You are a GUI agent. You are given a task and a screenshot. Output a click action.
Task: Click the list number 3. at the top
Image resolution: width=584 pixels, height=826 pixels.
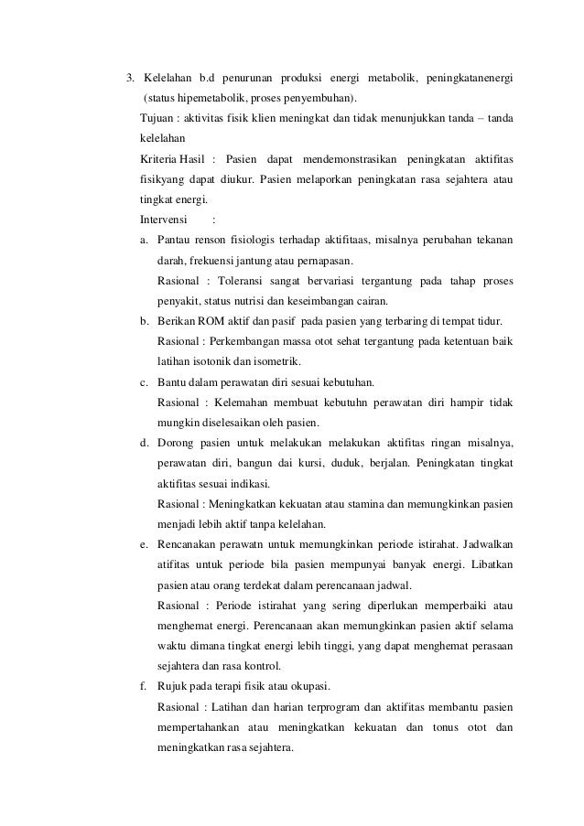click(131, 76)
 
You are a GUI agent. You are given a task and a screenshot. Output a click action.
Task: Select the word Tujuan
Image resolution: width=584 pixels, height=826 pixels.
click(157, 119)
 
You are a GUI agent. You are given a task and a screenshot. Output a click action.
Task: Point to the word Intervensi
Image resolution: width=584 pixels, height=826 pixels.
click(163, 220)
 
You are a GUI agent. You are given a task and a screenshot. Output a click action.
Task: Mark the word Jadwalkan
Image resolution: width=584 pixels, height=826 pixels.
click(481, 544)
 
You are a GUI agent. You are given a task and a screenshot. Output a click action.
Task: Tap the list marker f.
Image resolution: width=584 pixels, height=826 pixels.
click(144, 686)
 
